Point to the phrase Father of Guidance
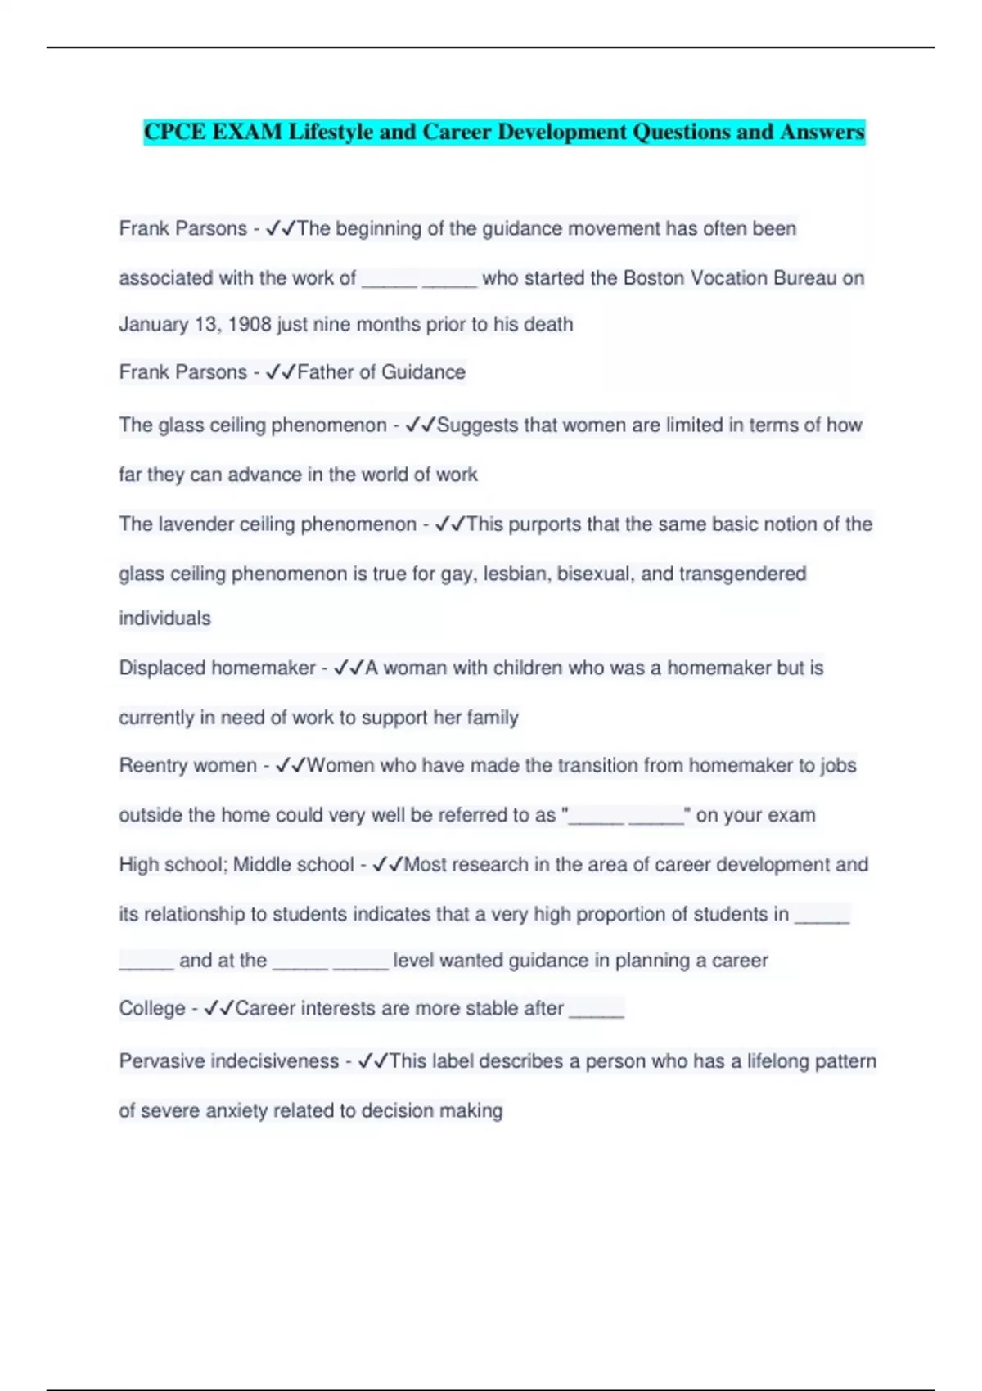point(381,372)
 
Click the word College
point(152,1009)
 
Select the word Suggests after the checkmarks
point(477,425)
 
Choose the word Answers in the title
point(822,132)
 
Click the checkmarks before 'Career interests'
point(218,1009)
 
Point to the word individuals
point(164,619)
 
